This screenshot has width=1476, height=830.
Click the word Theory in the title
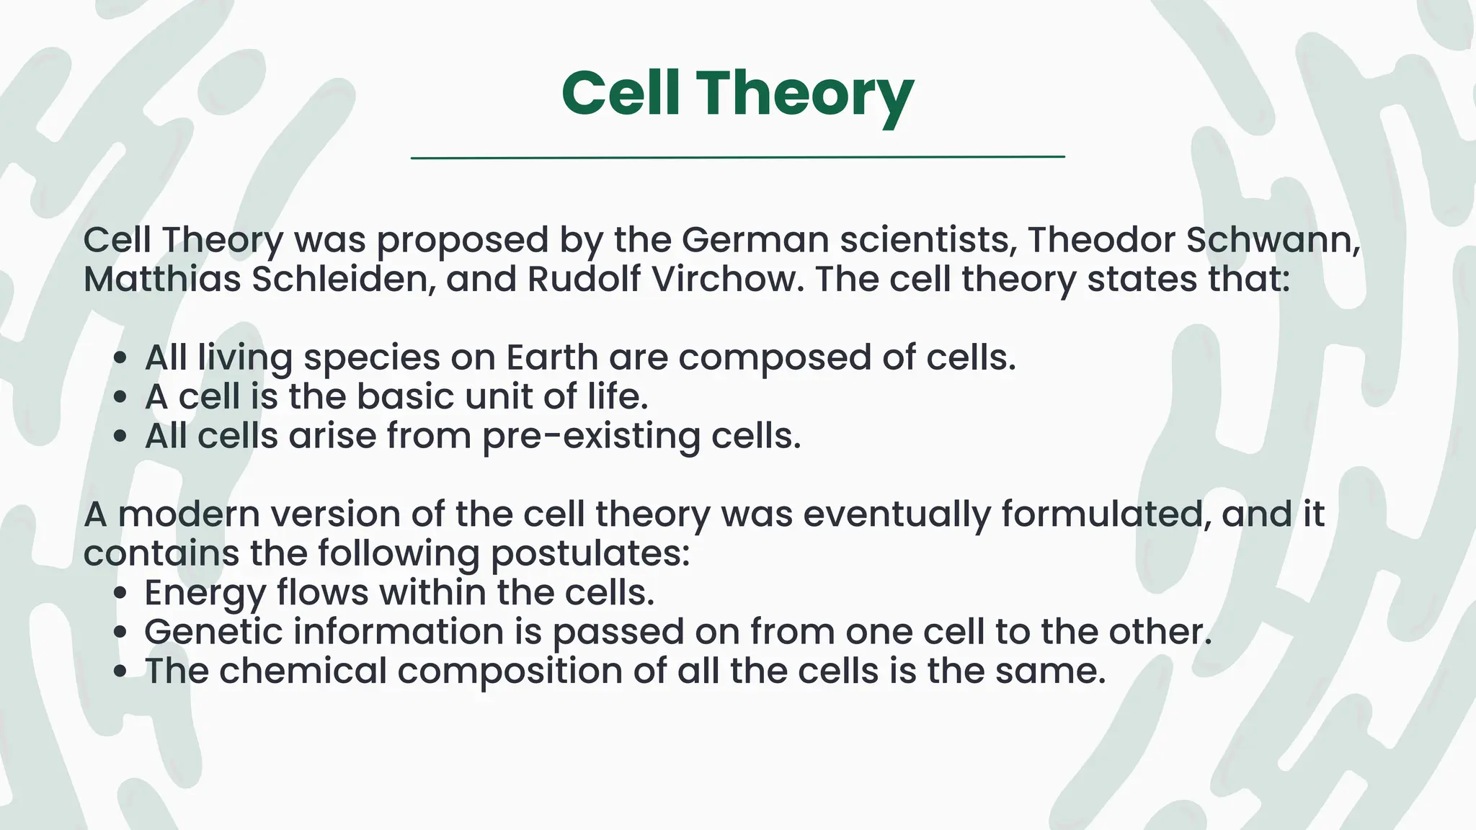point(805,94)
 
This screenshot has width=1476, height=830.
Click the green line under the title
point(737,156)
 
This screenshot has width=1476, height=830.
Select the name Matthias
point(161,279)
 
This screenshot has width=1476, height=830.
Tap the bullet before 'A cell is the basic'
point(120,397)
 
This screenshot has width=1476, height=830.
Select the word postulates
point(589,554)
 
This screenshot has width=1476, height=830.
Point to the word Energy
point(205,593)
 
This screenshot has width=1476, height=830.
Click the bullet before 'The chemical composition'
point(120,671)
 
